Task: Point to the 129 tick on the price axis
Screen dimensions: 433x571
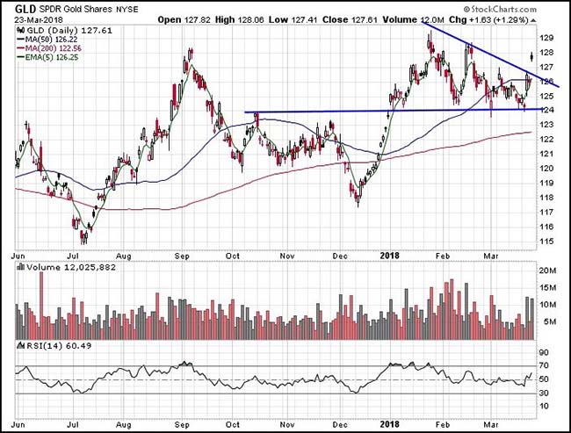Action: (x=546, y=39)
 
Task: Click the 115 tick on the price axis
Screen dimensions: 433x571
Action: (x=546, y=242)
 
